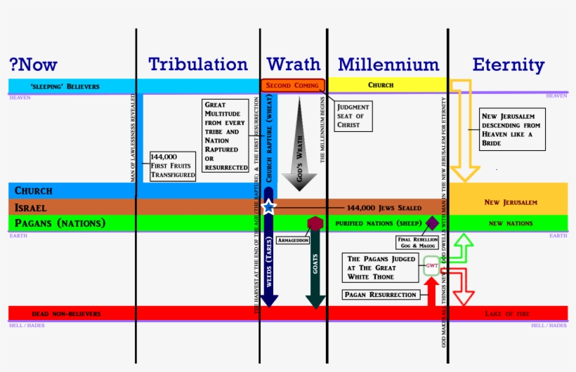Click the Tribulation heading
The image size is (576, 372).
[x=197, y=65]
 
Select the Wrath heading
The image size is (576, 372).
[x=294, y=65]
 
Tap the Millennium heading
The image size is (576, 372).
[x=388, y=65]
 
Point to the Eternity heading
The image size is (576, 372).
[x=508, y=65]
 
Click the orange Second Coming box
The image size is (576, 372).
[x=293, y=85]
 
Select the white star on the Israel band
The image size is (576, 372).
[x=268, y=206]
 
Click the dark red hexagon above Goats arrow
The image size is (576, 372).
[x=315, y=223]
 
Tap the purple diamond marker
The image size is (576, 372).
[x=433, y=222]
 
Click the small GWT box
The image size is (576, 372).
[x=431, y=266]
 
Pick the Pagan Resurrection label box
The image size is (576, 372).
[x=380, y=295]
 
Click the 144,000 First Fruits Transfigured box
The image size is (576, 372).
[x=172, y=166]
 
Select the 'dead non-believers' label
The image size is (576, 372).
[x=66, y=313]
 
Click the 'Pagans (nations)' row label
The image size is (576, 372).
[x=60, y=223]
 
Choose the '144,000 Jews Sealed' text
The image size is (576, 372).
[x=384, y=208]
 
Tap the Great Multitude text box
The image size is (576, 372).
[x=226, y=135]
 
